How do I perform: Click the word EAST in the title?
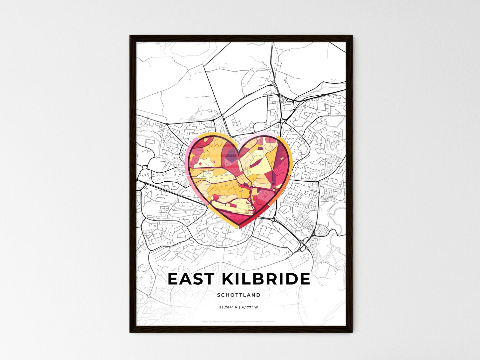click(191, 279)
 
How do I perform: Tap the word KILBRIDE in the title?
click(265, 279)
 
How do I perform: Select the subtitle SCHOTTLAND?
click(239, 295)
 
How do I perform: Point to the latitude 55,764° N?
click(228, 307)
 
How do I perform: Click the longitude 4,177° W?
click(249, 307)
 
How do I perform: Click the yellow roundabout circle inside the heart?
click(273, 190)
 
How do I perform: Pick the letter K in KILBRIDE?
click(228, 279)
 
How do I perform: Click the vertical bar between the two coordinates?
click(239, 307)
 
